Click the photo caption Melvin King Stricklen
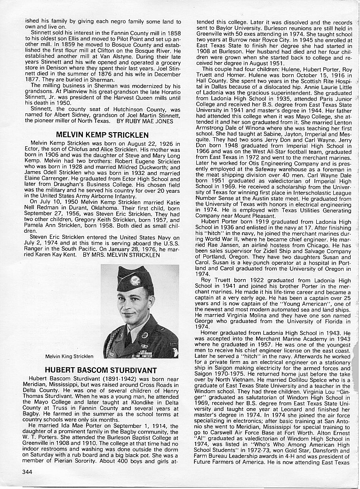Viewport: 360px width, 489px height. click(x=69, y=356)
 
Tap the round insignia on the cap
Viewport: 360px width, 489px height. click(x=136, y=280)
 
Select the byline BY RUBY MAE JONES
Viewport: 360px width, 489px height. click(x=147, y=121)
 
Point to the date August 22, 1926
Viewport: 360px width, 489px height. click(x=132, y=143)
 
